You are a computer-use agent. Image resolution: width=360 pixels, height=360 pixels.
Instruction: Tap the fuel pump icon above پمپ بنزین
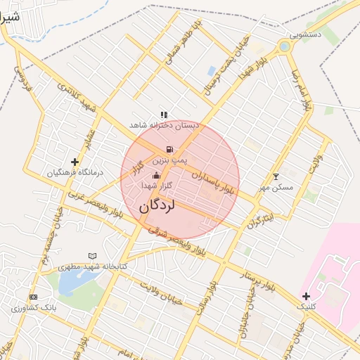pos(169,150)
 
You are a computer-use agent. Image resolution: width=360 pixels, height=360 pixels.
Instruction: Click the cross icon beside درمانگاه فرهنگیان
pos(75,162)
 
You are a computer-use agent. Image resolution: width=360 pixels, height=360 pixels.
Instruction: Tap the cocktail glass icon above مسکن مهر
pos(276,176)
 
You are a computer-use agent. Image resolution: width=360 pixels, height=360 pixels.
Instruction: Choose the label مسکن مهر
pos(274,187)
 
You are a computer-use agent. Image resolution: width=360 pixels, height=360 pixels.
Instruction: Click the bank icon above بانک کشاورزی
pos(34,297)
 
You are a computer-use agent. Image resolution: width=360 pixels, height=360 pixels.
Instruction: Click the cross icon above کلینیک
pos(306,296)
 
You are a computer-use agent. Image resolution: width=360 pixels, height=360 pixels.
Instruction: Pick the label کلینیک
pos(307,307)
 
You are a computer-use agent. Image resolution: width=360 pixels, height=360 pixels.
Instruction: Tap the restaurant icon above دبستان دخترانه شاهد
pos(164,114)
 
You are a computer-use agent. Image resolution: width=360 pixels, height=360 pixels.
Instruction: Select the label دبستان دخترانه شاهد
pos(165,124)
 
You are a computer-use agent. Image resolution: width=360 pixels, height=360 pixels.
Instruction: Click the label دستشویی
pos(307,34)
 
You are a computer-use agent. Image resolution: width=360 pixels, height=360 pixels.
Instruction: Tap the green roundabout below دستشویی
pos(284,47)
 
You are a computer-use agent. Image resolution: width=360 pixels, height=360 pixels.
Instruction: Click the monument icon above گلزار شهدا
pos(156,175)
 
